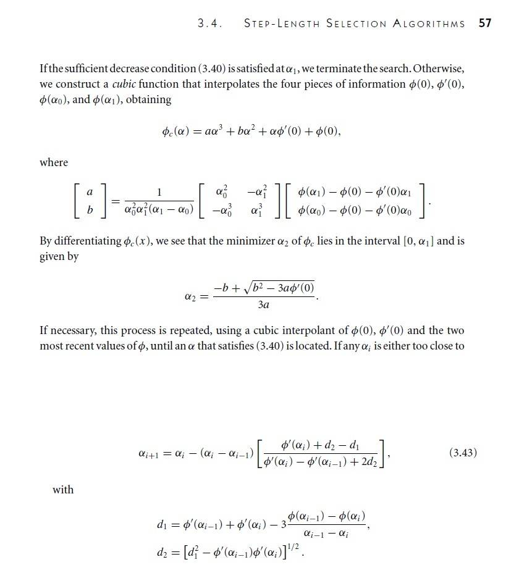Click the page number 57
pyautogui.click(x=485, y=23)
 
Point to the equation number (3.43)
pyautogui.click(x=463, y=453)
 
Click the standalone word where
pyautogui.click(x=54, y=162)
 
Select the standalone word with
pyautogui.click(x=63, y=490)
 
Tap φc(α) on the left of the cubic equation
pyautogui.click(x=174, y=131)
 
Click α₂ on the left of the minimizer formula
pyautogui.click(x=191, y=297)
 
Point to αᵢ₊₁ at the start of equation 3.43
pyautogui.click(x=150, y=454)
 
